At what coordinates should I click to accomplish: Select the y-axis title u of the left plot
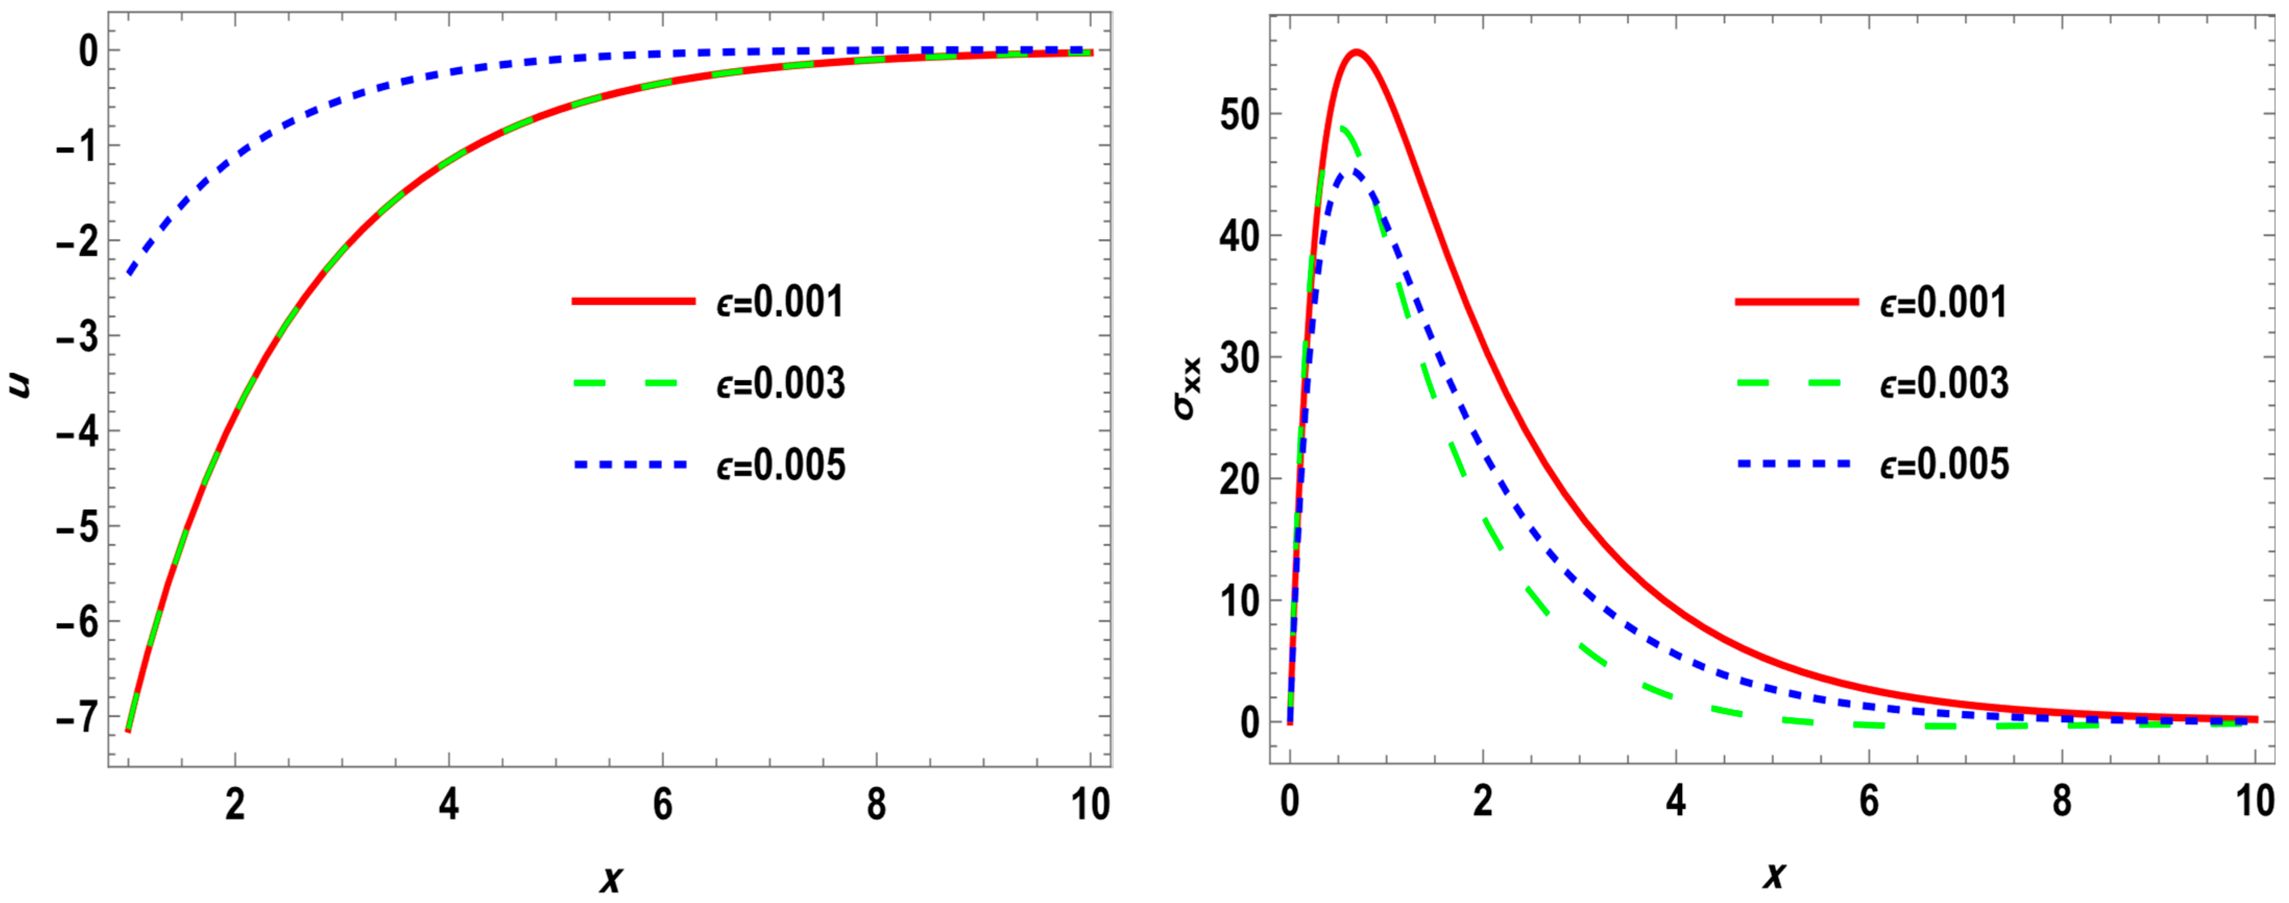(x=19, y=385)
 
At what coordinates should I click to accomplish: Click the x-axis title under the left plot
(x=611, y=877)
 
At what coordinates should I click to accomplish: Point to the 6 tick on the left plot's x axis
(x=663, y=804)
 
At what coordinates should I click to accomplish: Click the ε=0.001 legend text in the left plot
(x=780, y=302)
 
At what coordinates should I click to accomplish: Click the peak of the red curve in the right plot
(x=1357, y=53)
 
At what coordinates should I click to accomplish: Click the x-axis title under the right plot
(x=1774, y=875)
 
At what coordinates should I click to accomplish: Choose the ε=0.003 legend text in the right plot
(x=1943, y=383)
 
